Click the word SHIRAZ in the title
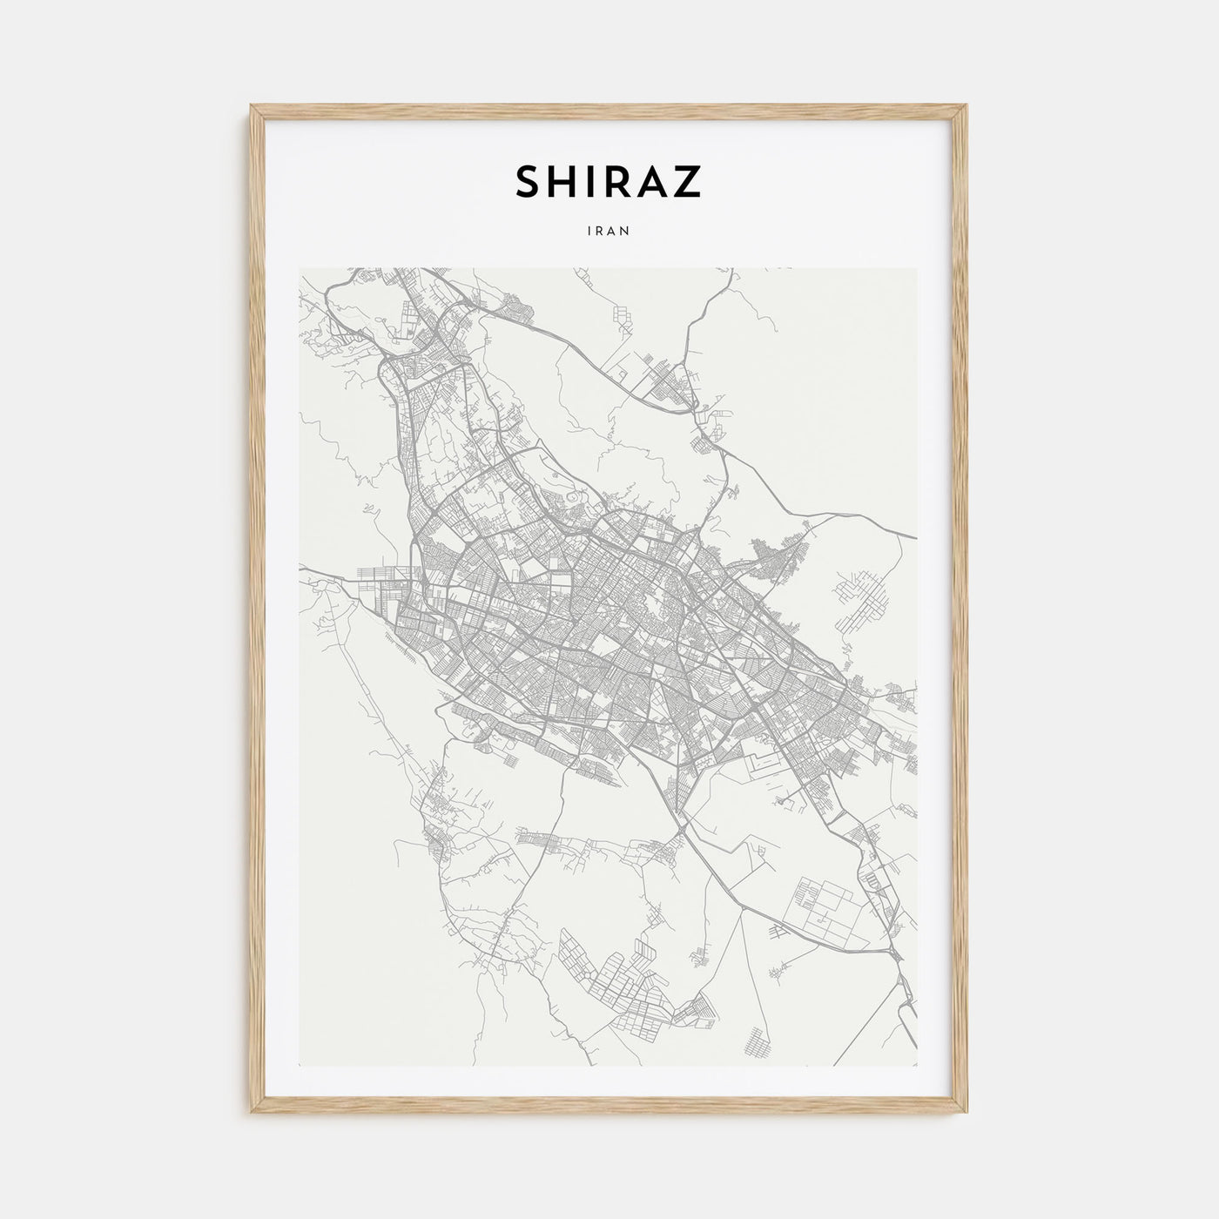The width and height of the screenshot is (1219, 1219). pyautogui.click(x=609, y=182)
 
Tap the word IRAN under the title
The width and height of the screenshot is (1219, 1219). pyautogui.click(x=609, y=232)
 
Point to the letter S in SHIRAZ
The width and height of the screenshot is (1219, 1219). pyautogui.click(x=529, y=182)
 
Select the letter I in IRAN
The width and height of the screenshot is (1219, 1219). pyautogui.click(x=591, y=232)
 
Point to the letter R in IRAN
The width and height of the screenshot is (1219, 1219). pyautogui.click(x=601, y=232)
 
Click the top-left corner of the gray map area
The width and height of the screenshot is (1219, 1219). pyautogui.click(x=300, y=269)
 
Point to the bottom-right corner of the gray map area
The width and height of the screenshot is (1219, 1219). pyautogui.click(x=916, y=1065)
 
